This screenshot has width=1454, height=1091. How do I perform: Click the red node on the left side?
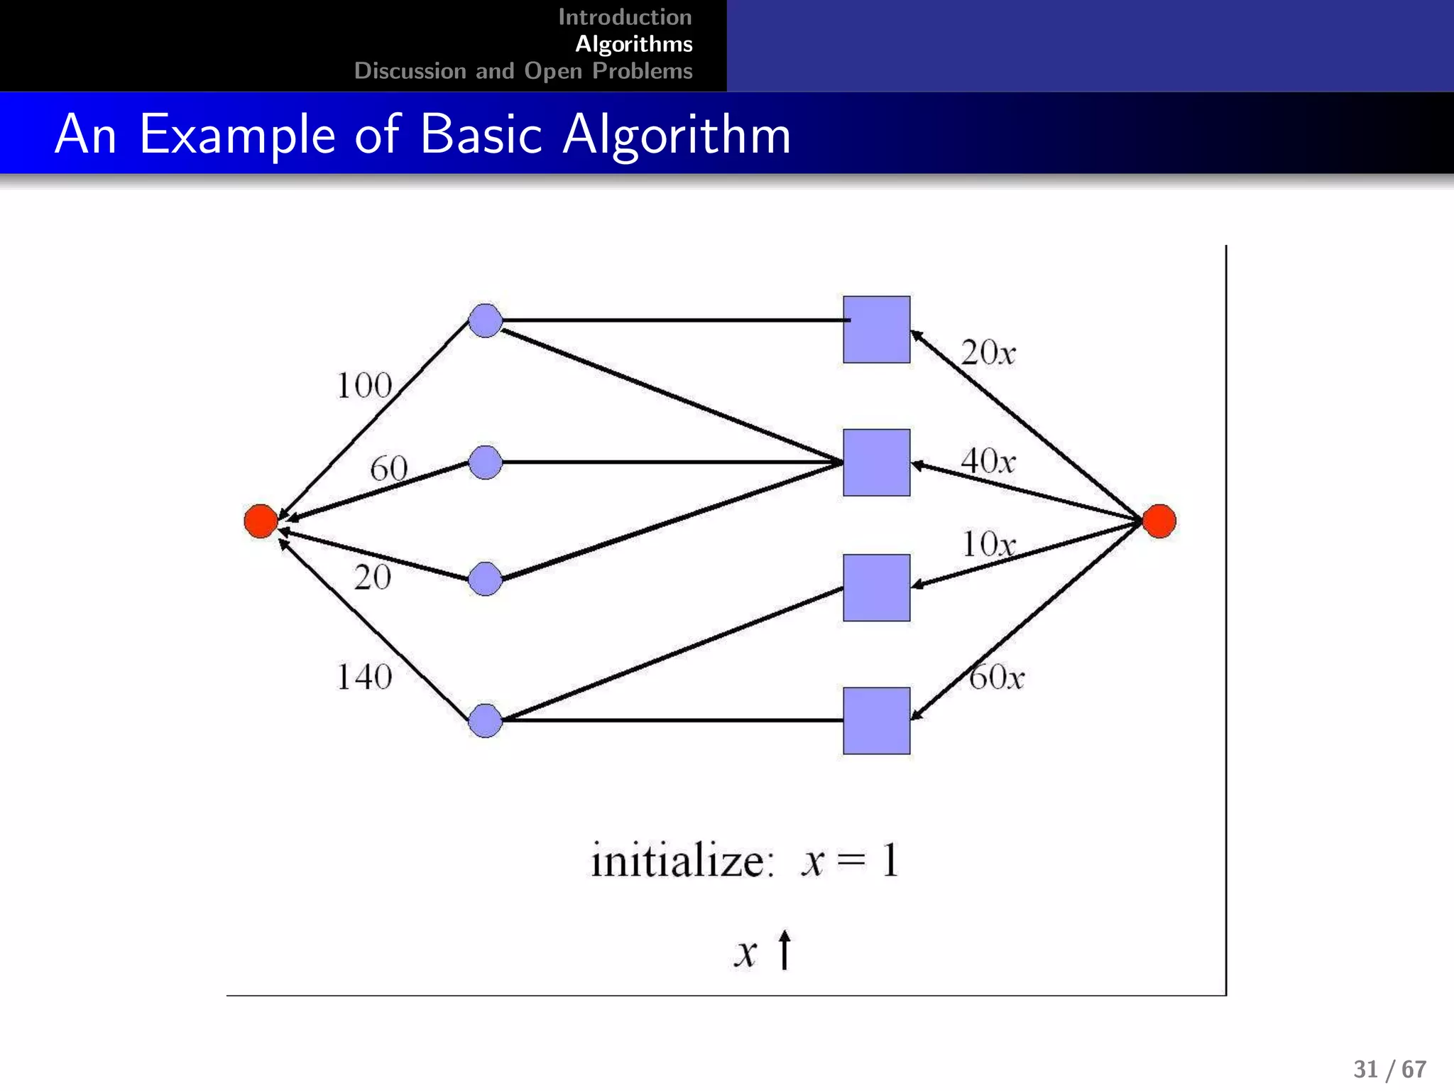click(x=261, y=521)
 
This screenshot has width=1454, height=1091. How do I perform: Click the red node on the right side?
click(x=1159, y=521)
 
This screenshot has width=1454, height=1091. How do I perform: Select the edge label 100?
click(x=363, y=386)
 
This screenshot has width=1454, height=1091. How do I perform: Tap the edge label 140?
click(x=363, y=677)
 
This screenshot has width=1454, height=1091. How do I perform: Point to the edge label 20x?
click(x=988, y=352)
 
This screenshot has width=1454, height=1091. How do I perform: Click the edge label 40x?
click(x=988, y=461)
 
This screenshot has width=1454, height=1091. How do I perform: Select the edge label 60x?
click(x=996, y=677)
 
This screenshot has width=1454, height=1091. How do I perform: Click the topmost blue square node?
click(x=876, y=330)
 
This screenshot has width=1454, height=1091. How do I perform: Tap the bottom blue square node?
click(x=876, y=720)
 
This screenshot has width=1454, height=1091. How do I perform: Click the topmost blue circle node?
click(x=486, y=320)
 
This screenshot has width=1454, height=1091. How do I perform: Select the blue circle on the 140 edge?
click(x=486, y=720)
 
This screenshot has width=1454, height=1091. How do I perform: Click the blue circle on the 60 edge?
click(x=486, y=462)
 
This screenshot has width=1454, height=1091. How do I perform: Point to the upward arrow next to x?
click(x=785, y=950)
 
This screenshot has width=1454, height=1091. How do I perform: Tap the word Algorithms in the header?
click(x=633, y=44)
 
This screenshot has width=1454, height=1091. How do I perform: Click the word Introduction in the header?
click(x=625, y=17)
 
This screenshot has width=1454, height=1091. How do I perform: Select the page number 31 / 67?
click(x=1389, y=1069)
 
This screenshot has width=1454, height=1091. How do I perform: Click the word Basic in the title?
click(x=481, y=134)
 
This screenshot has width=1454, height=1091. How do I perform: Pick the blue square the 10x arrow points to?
click(x=876, y=587)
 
